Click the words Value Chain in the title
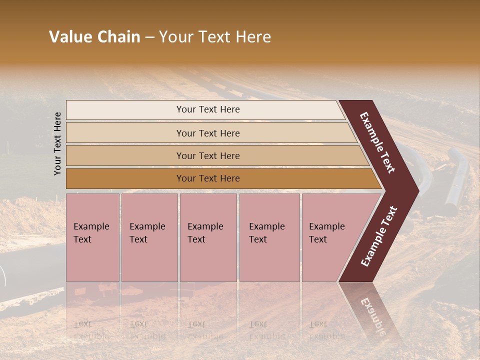pos(94,37)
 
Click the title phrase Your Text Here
pos(215,37)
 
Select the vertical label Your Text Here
pos(57,143)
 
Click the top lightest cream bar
pos(125,110)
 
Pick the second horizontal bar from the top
pos(125,133)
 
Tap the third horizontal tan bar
pos(125,155)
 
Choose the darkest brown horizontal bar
pos(125,178)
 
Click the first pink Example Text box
pos(92,237)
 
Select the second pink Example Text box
pos(149,237)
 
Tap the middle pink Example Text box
pos(208,237)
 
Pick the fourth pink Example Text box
pos(269,237)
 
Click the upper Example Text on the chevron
pos(377,142)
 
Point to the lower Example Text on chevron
pos(379,236)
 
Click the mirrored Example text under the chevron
pos(372,315)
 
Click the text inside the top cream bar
pos(208,109)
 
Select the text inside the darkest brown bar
pos(208,178)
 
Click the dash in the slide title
pos(149,37)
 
